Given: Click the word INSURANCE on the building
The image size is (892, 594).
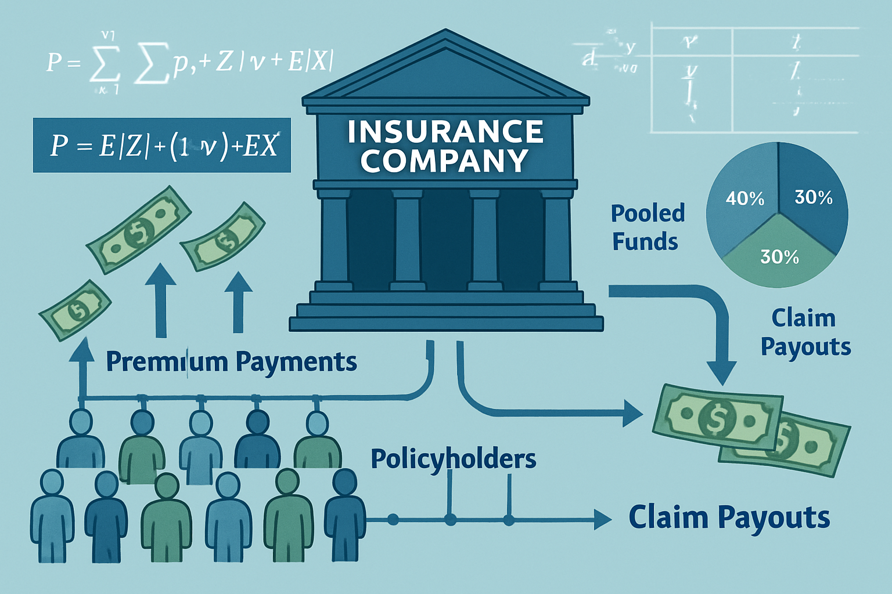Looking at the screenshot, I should [445, 132].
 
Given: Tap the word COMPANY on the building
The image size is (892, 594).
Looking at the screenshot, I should [444, 161].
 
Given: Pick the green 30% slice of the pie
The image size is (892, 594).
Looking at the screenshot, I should [778, 258].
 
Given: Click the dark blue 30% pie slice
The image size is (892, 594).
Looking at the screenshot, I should [813, 200].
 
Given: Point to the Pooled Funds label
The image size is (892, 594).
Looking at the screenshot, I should [647, 227].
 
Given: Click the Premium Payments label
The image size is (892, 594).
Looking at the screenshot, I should [231, 361].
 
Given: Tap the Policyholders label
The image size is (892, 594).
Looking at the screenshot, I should [453, 459].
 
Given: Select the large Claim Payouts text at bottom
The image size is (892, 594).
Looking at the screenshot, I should [729, 517].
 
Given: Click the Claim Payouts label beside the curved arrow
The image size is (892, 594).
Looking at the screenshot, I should [805, 332].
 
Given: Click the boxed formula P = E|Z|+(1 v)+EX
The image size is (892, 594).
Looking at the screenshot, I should [162, 146].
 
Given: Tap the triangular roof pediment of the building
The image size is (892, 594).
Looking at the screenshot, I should [445, 70].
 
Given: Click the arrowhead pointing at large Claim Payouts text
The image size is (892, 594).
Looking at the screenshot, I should [603, 518].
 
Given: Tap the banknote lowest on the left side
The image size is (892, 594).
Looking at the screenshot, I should [74, 311].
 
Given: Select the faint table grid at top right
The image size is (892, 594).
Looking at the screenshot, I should [755, 78].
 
